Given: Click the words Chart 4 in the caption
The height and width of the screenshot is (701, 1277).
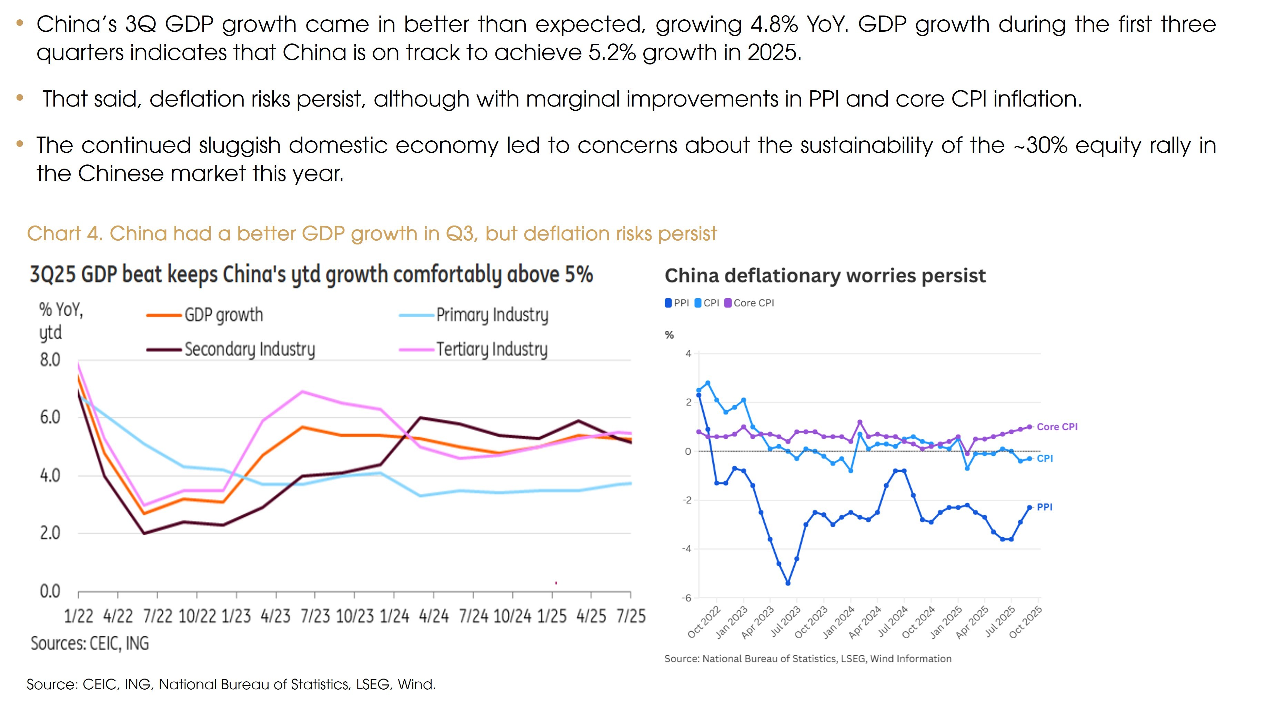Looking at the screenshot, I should [64, 233].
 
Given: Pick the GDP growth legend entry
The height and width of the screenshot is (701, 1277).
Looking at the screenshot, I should [223, 315].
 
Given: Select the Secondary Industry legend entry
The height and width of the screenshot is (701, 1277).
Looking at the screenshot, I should [249, 349].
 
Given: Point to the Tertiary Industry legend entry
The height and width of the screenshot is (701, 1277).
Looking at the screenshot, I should [492, 349].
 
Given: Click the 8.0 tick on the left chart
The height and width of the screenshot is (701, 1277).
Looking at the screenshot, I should [50, 359].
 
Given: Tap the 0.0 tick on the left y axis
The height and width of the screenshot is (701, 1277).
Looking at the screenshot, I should [50, 591].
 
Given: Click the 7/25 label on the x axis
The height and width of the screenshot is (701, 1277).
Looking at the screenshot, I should [631, 616].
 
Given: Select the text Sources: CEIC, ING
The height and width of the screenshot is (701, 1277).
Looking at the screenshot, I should [90, 643].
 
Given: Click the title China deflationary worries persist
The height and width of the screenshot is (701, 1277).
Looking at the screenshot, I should [825, 276].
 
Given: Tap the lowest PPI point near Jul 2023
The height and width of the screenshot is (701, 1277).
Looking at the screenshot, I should [788, 583].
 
